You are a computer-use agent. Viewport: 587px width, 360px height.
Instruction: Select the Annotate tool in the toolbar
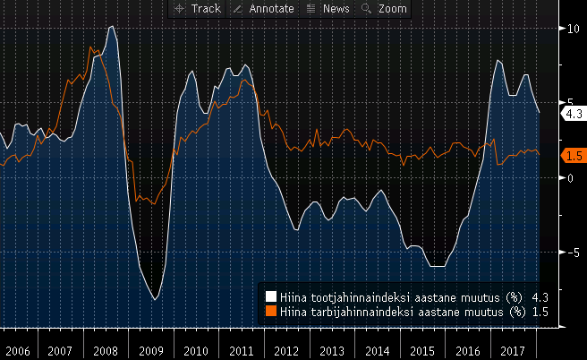[x=263, y=9]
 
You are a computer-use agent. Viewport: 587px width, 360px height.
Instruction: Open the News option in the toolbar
[x=328, y=9]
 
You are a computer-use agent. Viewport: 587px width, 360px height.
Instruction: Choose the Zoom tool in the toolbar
[x=384, y=9]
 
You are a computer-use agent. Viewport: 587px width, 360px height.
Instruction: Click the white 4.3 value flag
[x=572, y=114]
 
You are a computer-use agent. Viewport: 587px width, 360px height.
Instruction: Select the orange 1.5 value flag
[x=572, y=155]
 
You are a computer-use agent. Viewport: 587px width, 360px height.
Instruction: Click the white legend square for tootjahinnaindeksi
[x=271, y=296]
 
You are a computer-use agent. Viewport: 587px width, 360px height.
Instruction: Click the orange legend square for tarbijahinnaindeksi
[x=271, y=312]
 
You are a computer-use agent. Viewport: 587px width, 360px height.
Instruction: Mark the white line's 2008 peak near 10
[x=111, y=27]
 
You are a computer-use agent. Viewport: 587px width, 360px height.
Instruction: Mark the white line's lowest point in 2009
[x=155, y=299]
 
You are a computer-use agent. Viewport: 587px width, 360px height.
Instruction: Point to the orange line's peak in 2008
[x=92, y=47]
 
